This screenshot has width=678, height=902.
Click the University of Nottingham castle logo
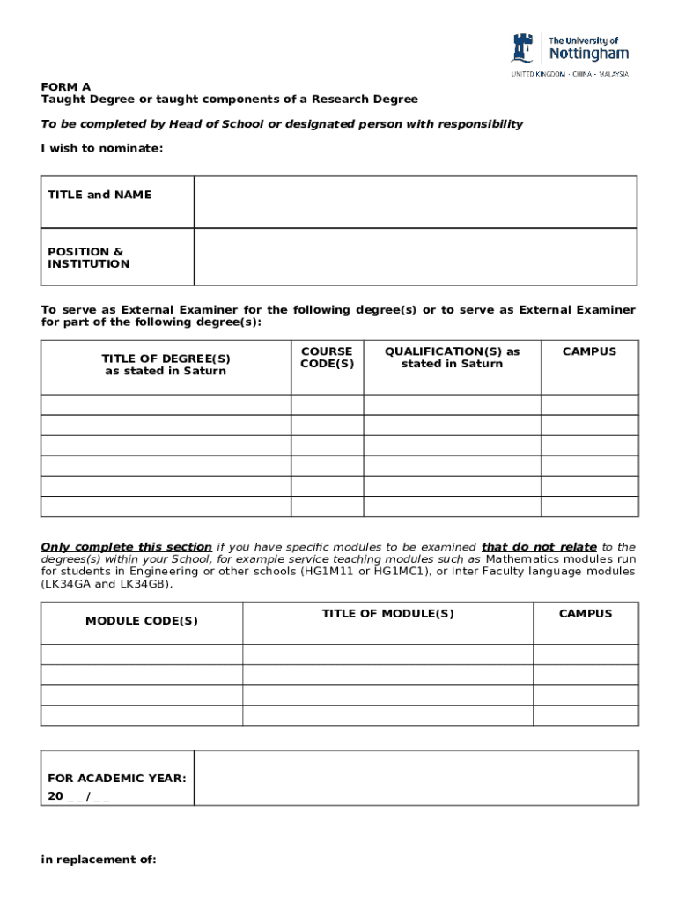[x=524, y=48]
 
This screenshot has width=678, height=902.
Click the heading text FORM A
[x=65, y=87]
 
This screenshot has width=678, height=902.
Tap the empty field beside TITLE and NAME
[x=415, y=202]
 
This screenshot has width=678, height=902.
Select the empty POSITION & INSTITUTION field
[x=415, y=257]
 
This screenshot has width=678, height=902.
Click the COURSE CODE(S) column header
[x=327, y=358]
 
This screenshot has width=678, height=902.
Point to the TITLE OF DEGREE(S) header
[x=166, y=365]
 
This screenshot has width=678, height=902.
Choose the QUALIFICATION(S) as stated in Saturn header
[x=452, y=358]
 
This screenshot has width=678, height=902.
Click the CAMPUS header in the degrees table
[x=589, y=351]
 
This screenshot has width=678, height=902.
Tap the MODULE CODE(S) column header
[x=142, y=621]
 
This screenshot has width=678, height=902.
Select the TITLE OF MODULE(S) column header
[x=387, y=614]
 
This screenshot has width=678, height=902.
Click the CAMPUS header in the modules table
[x=586, y=614]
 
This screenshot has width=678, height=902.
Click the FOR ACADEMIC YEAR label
[x=117, y=779]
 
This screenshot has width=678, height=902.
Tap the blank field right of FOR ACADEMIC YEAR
[x=416, y=778]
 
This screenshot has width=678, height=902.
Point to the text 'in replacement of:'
[x=99, y=860]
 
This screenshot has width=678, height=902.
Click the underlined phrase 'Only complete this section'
[x=127, y=547]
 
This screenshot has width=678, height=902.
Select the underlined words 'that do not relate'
[x=539, y=547]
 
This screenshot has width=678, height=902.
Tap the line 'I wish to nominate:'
[x=102, y=148]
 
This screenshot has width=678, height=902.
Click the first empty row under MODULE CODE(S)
[x=142, y=654]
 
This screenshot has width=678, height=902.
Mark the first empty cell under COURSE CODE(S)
[x=327, y=404]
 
